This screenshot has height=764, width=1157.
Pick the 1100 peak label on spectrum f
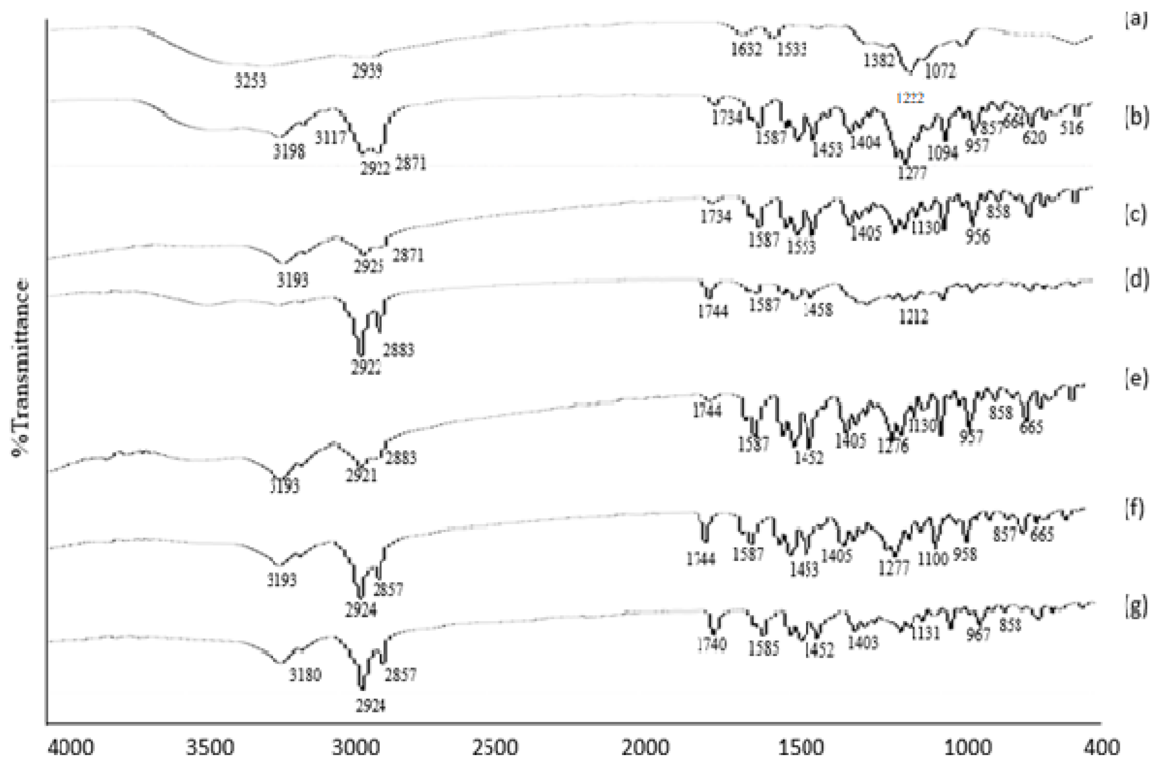933,559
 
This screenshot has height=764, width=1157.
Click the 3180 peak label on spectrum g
305,675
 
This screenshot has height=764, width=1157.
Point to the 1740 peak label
711,645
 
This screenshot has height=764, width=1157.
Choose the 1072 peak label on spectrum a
941,72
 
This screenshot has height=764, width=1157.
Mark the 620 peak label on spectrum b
1034,138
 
